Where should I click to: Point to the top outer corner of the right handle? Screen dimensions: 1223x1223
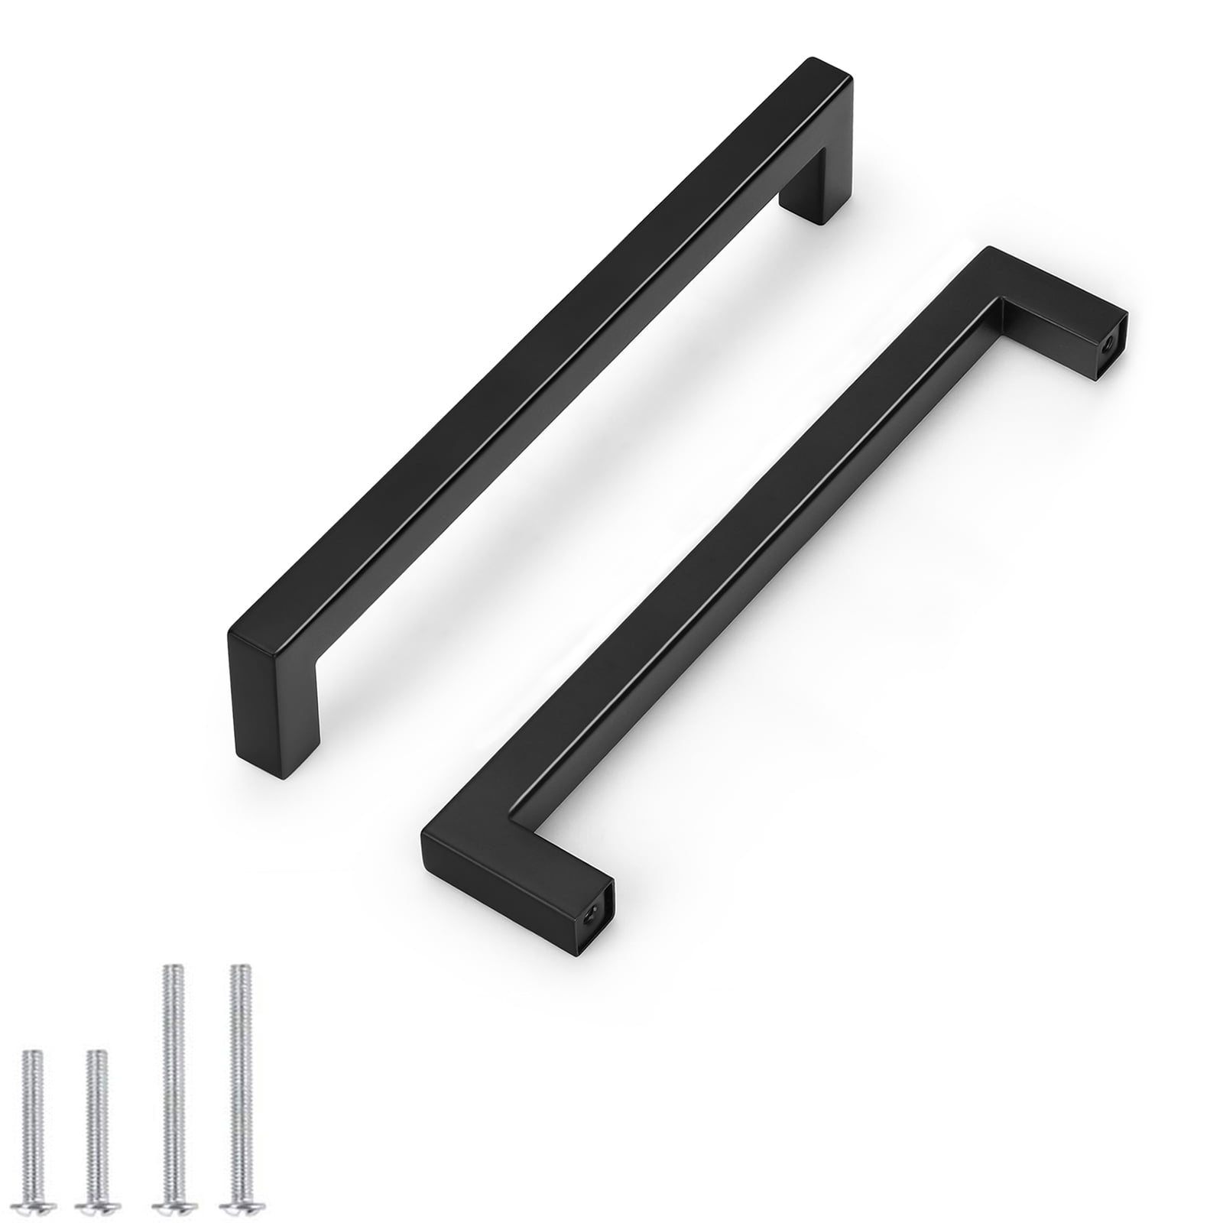990,247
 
